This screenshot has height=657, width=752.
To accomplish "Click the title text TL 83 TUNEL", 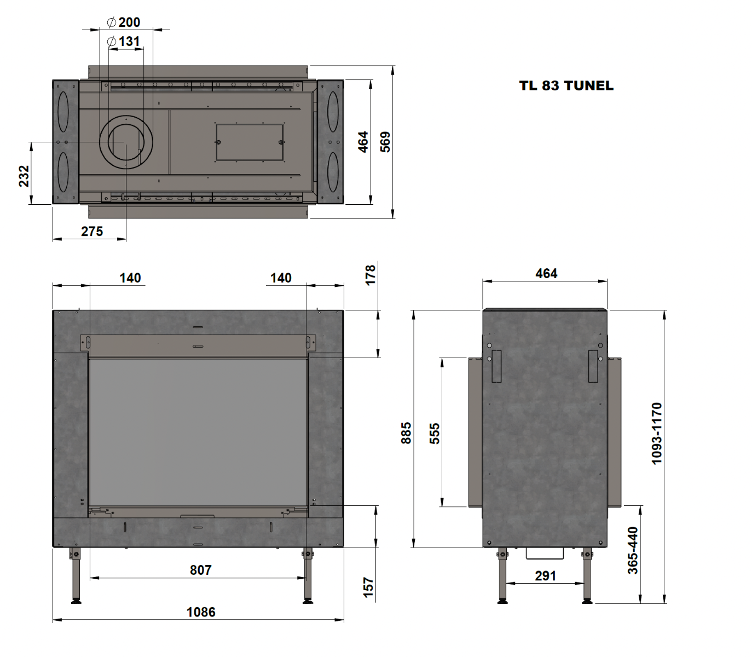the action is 566,85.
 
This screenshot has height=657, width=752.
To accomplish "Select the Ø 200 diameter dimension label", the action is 124,22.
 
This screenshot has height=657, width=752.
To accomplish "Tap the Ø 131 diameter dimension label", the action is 124,42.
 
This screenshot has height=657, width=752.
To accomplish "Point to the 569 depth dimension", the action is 385,142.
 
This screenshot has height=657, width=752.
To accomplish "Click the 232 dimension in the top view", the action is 24,176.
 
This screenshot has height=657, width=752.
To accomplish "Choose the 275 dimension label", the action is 92,232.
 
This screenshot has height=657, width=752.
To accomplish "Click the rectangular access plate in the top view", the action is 250,142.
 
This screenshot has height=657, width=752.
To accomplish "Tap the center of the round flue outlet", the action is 126,142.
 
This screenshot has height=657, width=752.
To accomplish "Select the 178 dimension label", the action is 370,275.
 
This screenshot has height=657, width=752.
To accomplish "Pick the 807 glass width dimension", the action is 201,570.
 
